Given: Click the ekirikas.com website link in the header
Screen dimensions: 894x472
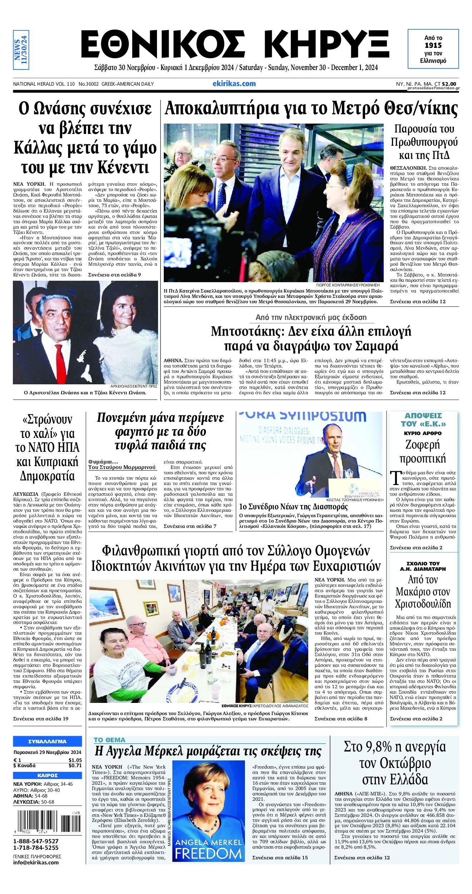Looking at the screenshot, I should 234,84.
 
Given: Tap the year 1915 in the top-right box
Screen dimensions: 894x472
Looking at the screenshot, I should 433,45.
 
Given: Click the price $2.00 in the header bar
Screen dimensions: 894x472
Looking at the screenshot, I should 449,84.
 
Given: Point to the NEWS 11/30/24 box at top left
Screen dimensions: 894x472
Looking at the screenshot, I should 21,50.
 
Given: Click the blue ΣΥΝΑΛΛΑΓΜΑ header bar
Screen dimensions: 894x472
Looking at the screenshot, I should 47,741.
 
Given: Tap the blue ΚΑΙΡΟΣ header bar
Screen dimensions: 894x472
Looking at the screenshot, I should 47,775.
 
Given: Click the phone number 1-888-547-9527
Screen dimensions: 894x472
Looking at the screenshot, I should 36,841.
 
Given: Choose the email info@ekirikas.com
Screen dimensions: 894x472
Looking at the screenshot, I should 36,862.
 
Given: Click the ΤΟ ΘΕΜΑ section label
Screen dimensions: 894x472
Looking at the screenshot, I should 109,740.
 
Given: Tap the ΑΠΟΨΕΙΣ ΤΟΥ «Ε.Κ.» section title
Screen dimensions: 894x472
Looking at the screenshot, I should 423,420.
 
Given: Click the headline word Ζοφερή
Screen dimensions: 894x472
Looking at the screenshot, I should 422,445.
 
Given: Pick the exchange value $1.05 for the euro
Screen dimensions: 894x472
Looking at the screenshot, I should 75,760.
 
